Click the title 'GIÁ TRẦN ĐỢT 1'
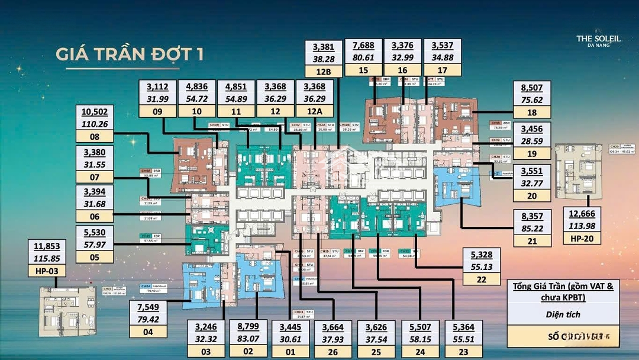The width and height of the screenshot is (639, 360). (130, 54)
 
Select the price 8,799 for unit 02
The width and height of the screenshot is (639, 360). (249, 327)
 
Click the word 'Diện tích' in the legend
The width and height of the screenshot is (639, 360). (563, 314)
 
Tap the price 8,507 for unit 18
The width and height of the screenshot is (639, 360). (532, 88)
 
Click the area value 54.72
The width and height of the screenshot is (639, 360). (196, 98)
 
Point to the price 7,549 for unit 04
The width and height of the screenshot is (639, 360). (149, 307)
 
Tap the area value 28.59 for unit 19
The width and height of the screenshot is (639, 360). (532, 141)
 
